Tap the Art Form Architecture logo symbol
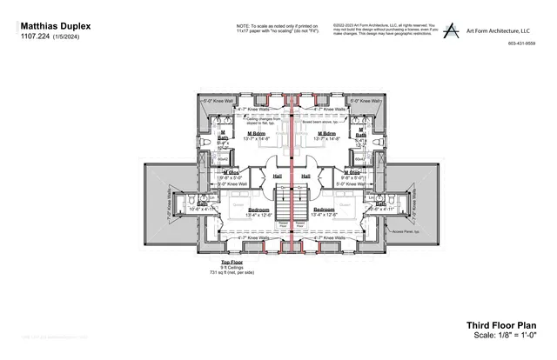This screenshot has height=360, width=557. tap(450, 30)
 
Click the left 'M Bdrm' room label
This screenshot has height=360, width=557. tap(249, 133)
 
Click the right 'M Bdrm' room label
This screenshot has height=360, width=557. tap(329, 133)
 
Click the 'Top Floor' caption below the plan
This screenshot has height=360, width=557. tap(231, 261)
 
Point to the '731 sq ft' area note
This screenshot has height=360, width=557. tap(231, 272)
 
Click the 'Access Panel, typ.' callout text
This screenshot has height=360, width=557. tap(406, 232)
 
